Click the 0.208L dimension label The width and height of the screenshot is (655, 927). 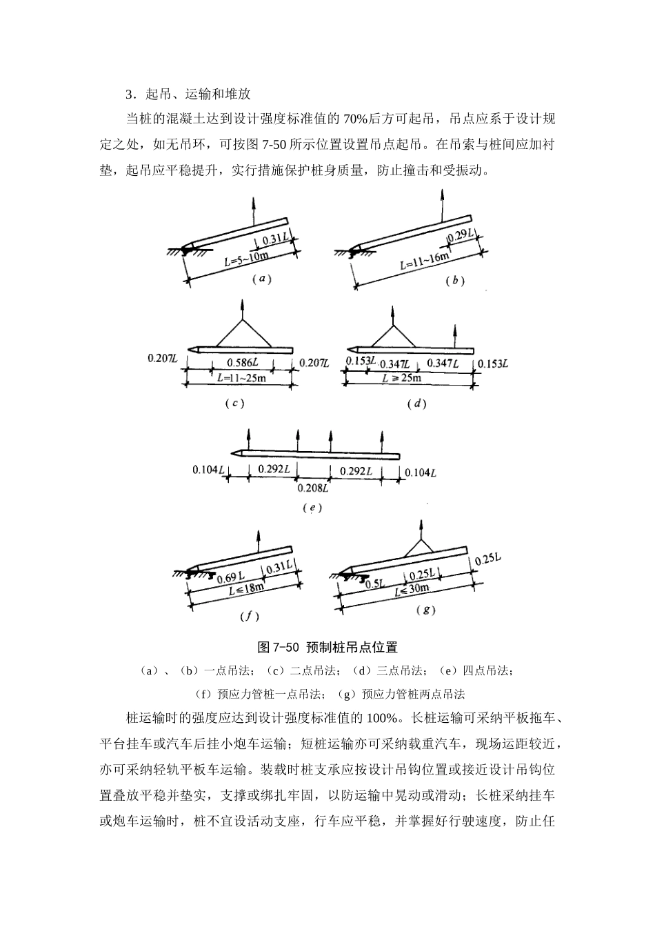(x=312, y=488)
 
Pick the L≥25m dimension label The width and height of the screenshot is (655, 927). (x=402, y=378)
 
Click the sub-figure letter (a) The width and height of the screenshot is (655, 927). (x=260, y=279)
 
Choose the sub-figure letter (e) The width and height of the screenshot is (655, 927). (x=312, y=508)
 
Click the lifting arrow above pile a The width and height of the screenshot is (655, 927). (x=253, y=208)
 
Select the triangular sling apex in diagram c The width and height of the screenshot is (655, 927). (x=241, y=319)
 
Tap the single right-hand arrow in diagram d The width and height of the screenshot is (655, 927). (x=454, y=335)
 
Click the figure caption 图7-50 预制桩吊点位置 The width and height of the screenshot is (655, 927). (x=327, y=647)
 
